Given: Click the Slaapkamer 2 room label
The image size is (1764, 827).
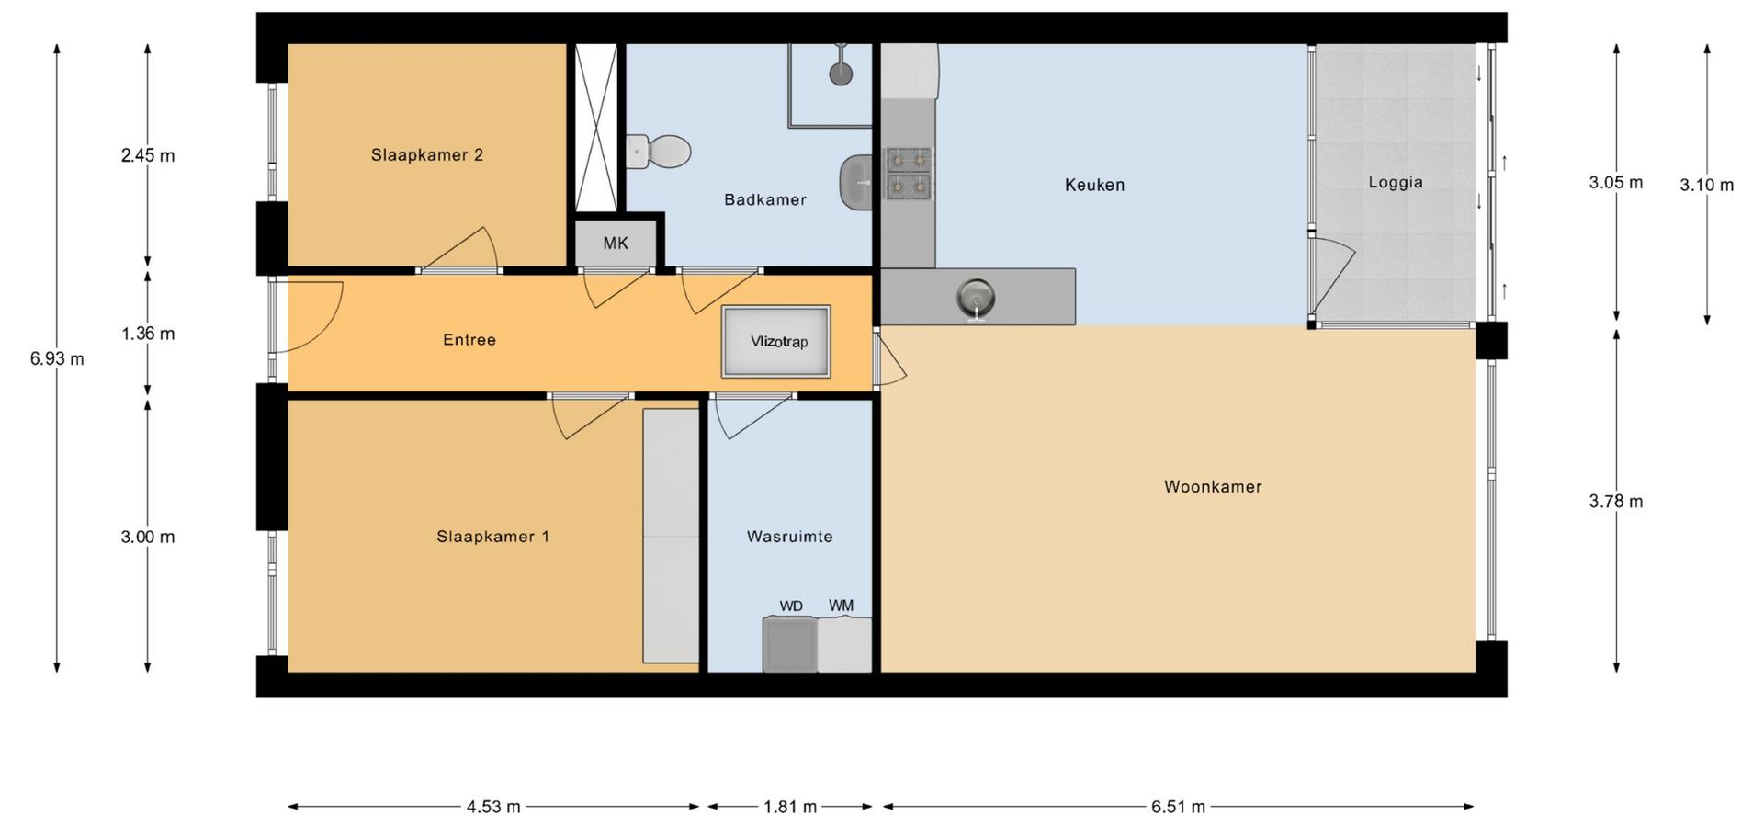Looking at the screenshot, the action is click(427, 155).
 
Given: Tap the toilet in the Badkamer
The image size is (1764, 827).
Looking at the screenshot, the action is click(659, 152).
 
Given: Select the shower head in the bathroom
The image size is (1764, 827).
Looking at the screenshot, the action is click(841, 73).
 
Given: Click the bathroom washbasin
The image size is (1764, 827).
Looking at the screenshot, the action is click(856, 183).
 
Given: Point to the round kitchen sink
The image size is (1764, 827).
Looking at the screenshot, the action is click(976, 296).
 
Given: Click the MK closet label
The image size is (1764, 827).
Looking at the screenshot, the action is click(616, 244).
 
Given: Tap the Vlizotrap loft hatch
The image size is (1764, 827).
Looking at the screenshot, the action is click(776, 342).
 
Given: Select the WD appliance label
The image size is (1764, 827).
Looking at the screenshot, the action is click(791, 606).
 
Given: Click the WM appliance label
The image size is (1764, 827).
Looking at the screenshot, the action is click(841, 606).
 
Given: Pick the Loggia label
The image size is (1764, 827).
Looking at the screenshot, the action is click(1396, 183).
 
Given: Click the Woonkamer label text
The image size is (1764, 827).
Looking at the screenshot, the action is click(1213, 487).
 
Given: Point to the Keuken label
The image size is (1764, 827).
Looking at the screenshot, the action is click(1094, 185).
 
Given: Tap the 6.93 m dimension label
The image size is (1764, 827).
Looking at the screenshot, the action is click(57, 359).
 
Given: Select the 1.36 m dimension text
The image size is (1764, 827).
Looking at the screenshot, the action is click(148, 334).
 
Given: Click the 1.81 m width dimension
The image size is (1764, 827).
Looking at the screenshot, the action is click(790, 807).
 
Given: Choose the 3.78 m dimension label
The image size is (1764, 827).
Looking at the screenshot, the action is click(1616, 502).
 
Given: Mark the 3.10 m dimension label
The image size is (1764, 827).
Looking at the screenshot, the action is click(1707, 185).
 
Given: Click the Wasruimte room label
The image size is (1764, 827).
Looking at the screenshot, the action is click(790, 537).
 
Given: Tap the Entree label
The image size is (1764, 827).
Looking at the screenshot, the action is click(469, 340).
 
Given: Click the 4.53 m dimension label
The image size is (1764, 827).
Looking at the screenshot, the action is click(493, 807).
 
